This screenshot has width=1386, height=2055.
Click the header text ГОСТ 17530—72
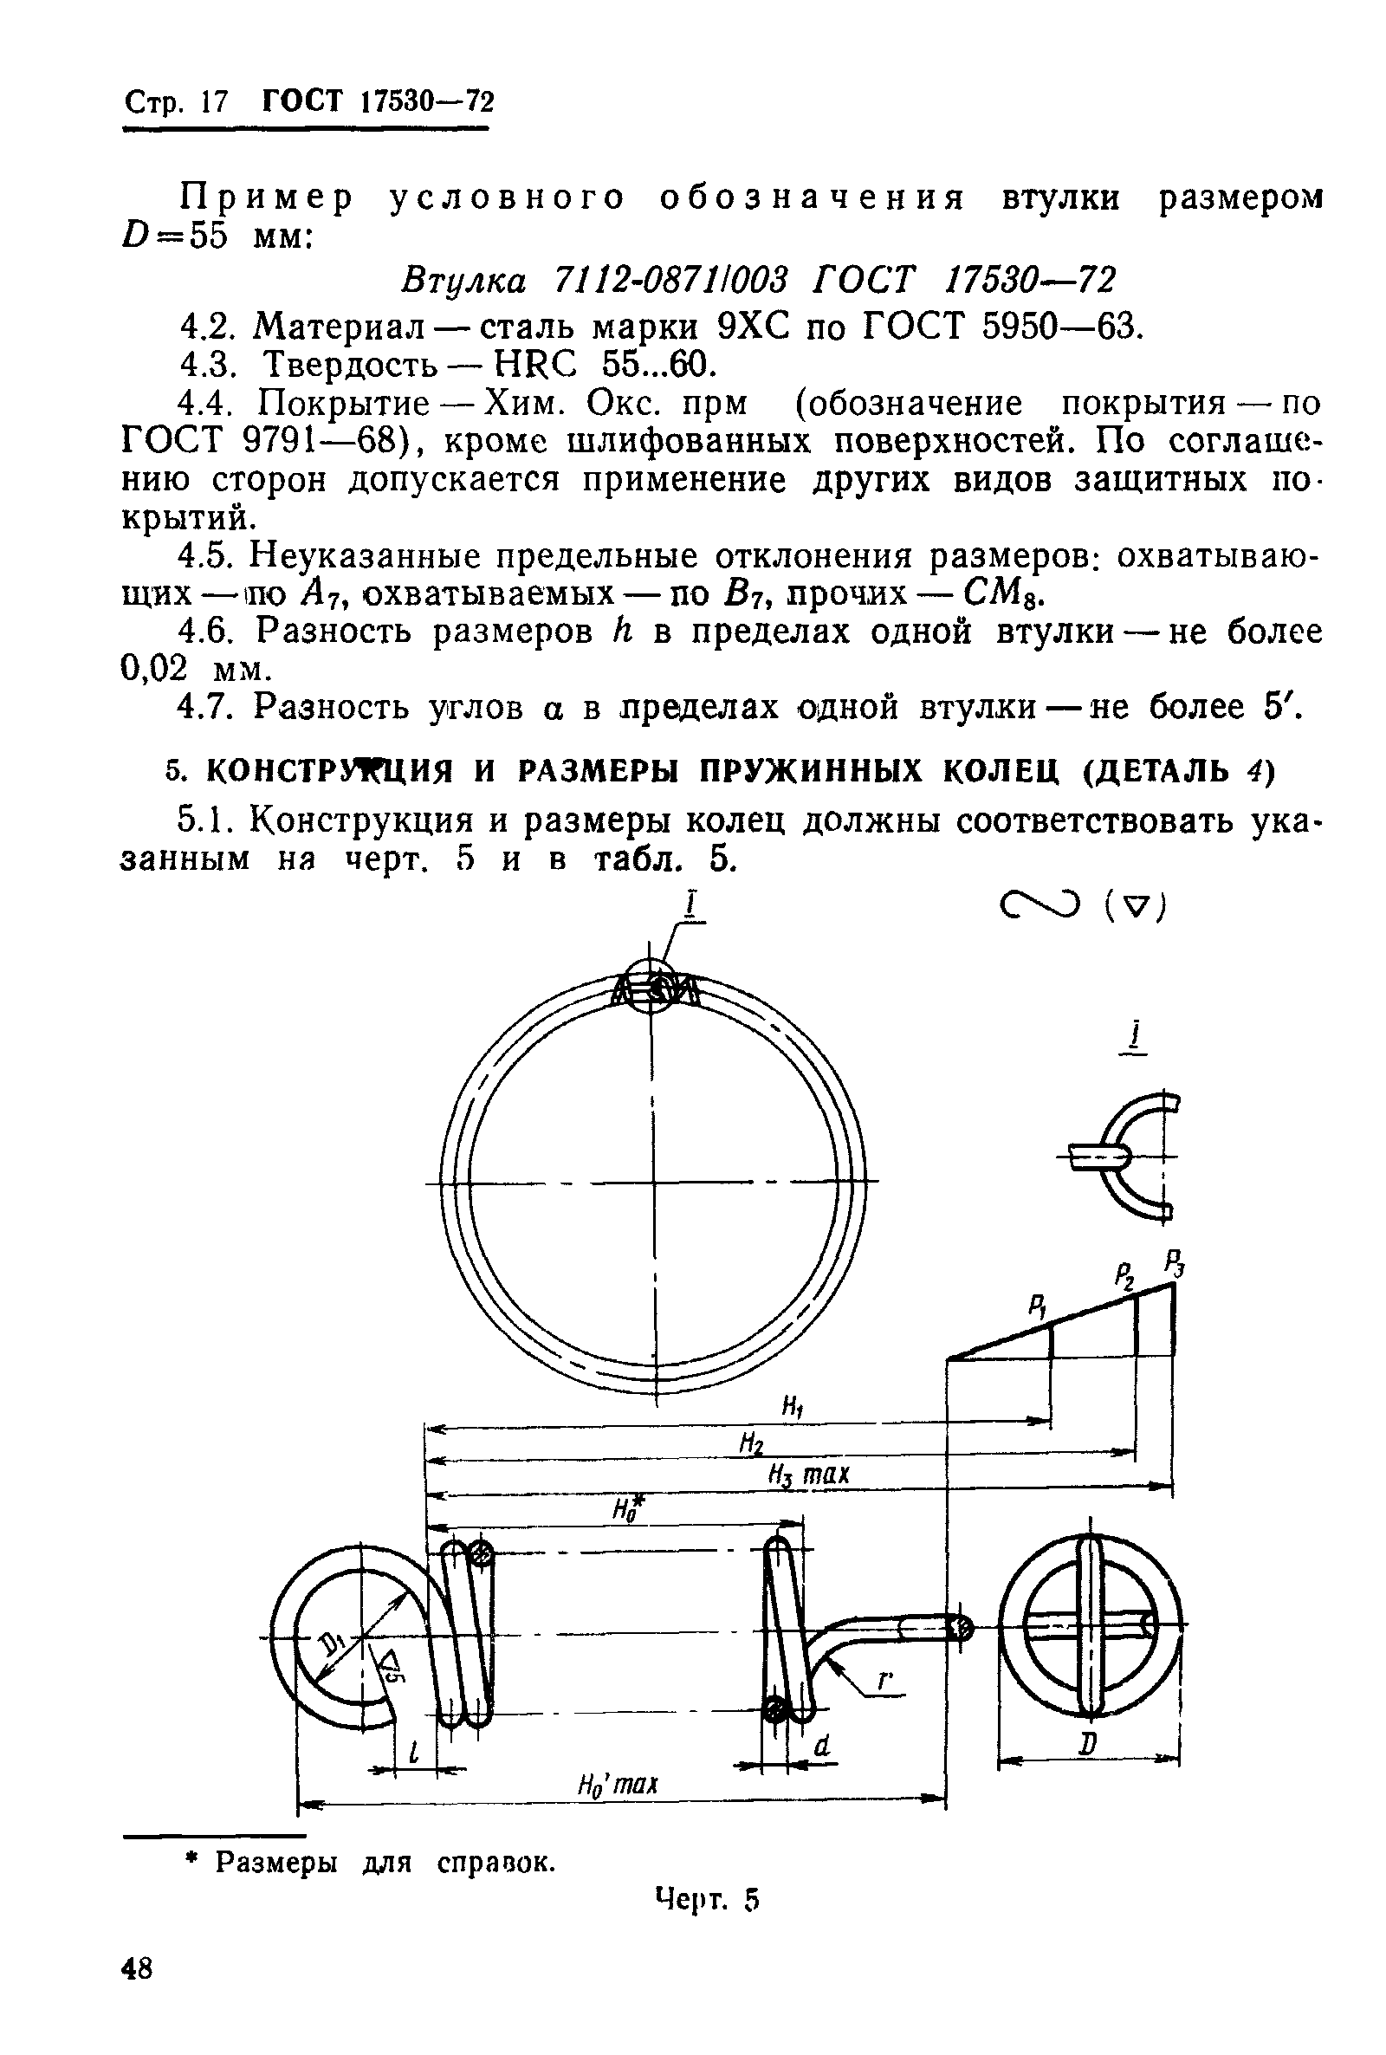[x=378, y=102]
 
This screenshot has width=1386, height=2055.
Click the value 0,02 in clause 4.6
[x=155, y=668]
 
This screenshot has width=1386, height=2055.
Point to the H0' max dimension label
[x=618, y=1784]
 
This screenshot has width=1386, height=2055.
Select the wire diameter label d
[x=823, y=1745]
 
